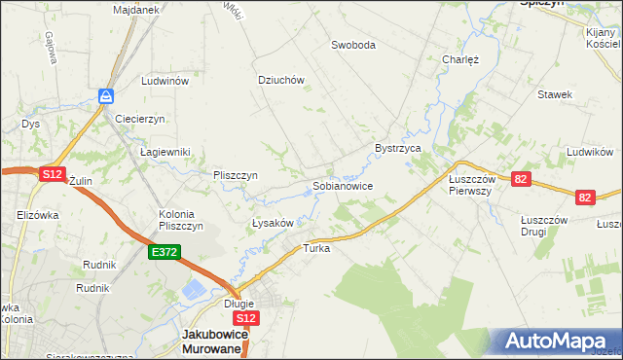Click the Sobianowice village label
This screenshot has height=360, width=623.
pyautogui.click(x=342, y=185)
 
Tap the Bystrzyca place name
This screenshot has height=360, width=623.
pyautogui.click(x=397, y=148)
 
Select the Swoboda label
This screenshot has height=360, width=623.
pyautogui.click(x=352, y=45)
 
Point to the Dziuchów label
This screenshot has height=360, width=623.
pyautogui.click(x=281, y=81)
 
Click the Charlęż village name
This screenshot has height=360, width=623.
pyautogui.click(x=460, y=59)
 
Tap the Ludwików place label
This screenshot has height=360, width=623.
pyautogui.click(x=589, y=153)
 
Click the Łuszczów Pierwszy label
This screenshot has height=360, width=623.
pyautogui.click(x=472, y=185)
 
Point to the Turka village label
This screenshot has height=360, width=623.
pyautogui.click(x=317, y=248)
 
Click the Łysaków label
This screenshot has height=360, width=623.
pyautogui.click(x=273, y=223)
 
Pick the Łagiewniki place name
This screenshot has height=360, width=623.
pyautogui.click(x=165, y=152)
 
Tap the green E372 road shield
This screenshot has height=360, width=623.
pyautogui.click(x=164, y=252)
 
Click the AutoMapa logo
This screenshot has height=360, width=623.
pyautogui.click(x=556, y=342)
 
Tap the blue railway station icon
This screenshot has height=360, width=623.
pyautogui.click(x=106, y=95)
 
